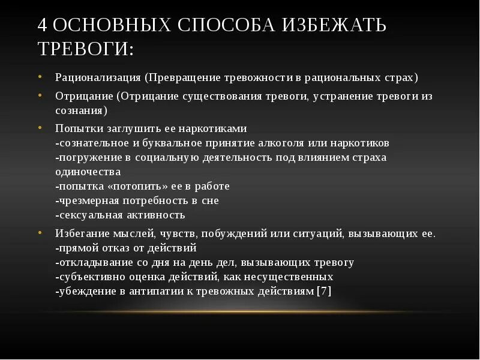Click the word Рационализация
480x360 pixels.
click(98, 78)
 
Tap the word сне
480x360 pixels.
click(211, 200)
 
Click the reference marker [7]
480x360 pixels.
click(324, 291)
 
